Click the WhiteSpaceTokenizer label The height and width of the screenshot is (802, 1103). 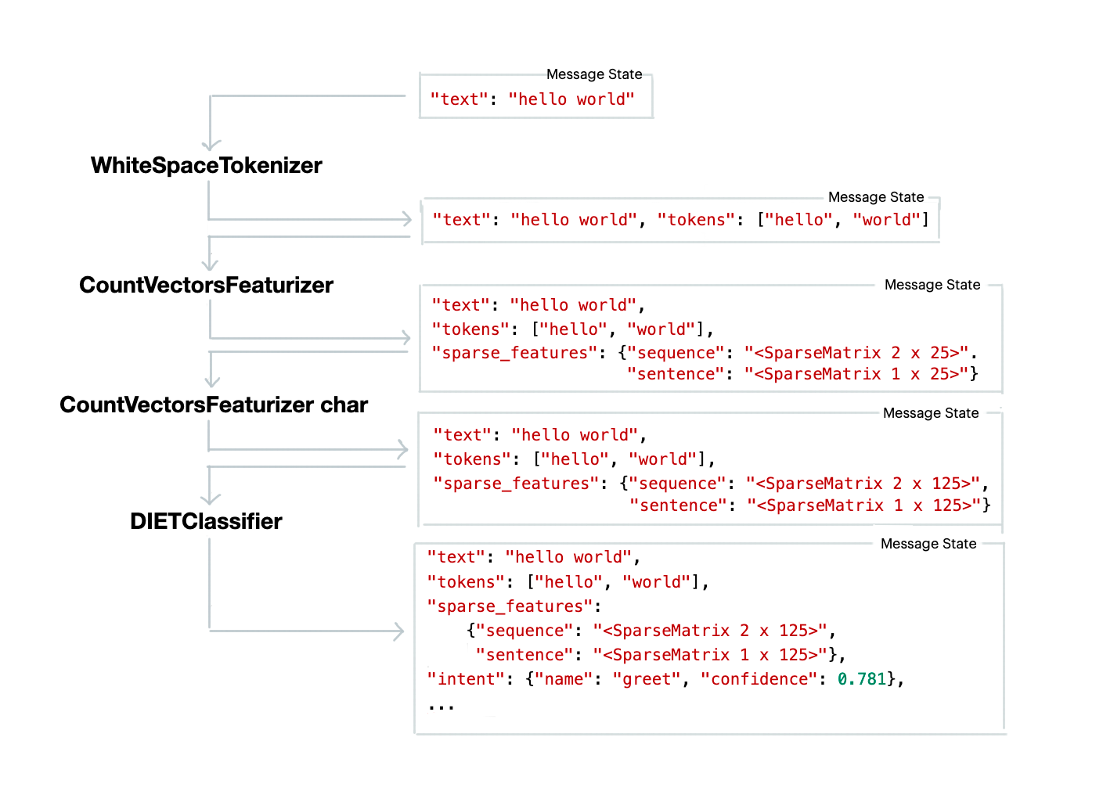coord(207,166)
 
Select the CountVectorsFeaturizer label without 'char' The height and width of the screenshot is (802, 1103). coord(207,286)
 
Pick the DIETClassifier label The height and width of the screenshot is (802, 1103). coord(207,522)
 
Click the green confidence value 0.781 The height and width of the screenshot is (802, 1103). coord(861,679)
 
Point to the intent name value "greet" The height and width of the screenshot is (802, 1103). coord(647,679)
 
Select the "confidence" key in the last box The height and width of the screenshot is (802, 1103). coord(759,679)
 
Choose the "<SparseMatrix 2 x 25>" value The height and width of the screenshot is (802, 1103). coord(856,353)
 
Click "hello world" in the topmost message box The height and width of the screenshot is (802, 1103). coord(571,99)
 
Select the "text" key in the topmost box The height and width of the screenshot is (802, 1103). coord(459,99)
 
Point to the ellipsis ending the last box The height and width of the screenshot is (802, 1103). coord(441,706)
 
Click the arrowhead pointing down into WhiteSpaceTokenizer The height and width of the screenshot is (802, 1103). coord(211,146)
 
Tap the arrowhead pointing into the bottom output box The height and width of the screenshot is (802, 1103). coord(399,631)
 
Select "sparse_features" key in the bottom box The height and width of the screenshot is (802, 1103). coord(510,606)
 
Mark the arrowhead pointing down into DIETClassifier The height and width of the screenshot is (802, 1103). coord(211,498)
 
